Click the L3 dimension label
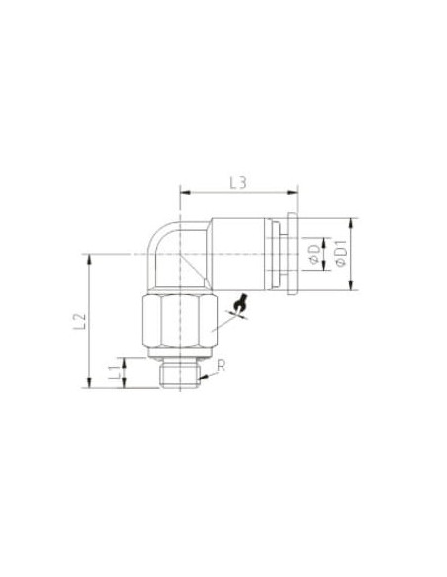coord(238,183)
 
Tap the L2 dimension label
coord(80,322)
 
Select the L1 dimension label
coord(115,372)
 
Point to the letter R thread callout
coord(221,366)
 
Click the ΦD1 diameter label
coord(342,254)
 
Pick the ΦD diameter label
coord(314,255)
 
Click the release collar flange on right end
coord(292,254)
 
